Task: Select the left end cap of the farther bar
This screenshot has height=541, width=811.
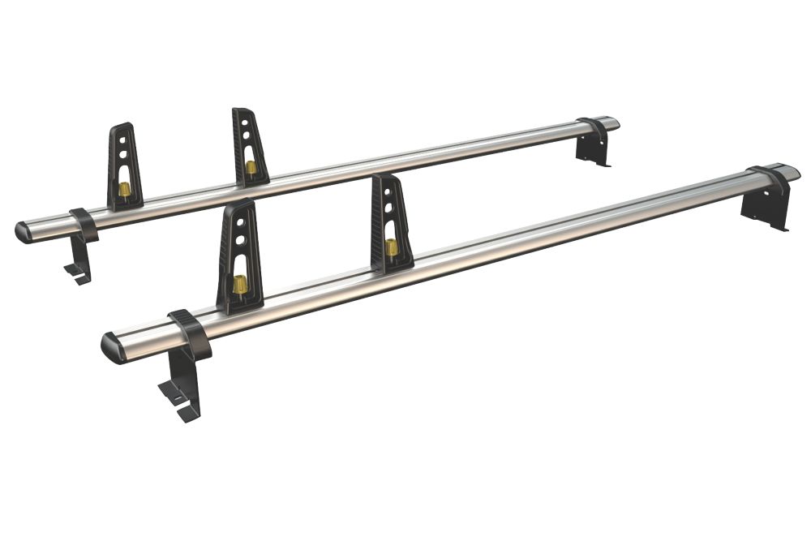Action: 24,232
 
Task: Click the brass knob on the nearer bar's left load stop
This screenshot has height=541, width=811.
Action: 240,284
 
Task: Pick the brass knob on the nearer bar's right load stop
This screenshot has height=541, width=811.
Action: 392,246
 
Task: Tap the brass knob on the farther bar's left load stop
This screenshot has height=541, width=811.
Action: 125,189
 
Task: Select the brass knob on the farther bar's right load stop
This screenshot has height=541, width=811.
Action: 251,168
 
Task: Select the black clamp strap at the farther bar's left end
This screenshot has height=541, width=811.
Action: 84,224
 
